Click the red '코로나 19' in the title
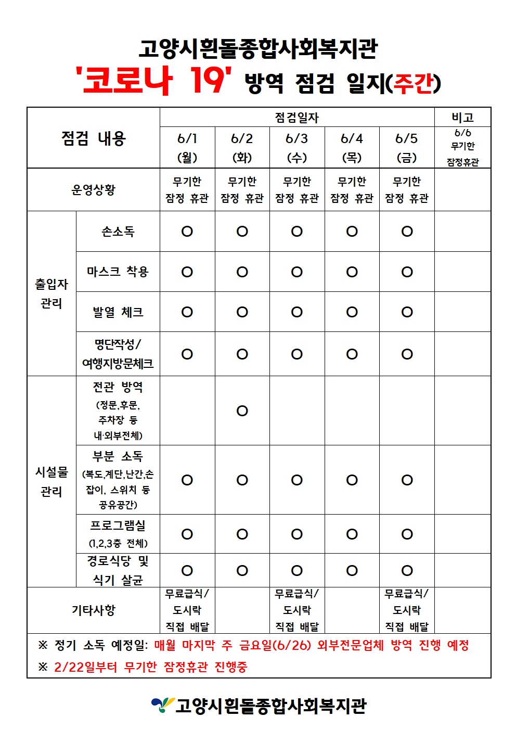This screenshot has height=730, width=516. pyautogui.click(x=153, y=80)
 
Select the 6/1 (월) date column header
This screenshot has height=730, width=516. pyautogui.click(x=187, y=147)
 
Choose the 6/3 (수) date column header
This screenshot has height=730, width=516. pyautogui.click(x=297, y=147)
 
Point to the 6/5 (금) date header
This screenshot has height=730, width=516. pyautogui.click(x=407, y=147)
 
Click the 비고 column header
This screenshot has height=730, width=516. pyautogui.click(x=462, y=117)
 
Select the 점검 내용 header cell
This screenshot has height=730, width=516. pyautogui.click(x=94, y=138)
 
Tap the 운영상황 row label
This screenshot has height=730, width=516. pyautogui.click(x=94, y=189)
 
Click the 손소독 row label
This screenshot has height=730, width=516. pyautogui.click(x=118, y=232)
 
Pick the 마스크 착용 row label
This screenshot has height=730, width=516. pyautogui.click(x=118, y=272)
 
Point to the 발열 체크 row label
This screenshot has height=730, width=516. pyautogui.click(x=118, y=312)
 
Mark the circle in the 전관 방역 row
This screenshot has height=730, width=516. pyautogui.click(x=242, y=411)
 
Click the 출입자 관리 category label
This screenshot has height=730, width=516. pyautogui.click(x=51, y=293)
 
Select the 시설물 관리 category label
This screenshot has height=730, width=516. pyautogui.click(x=51, y=481)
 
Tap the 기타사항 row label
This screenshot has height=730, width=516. pyautogui.click(x=94, y=610)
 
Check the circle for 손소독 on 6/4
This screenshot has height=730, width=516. pyautogui.click(x=352, y=232)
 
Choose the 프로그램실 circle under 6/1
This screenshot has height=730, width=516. pyautogui.click(x=187, y=534)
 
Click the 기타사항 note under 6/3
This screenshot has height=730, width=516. pyautogui.click(x=297, y=610)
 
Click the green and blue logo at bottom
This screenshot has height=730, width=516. pyautogui.click(x=162, y=705)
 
